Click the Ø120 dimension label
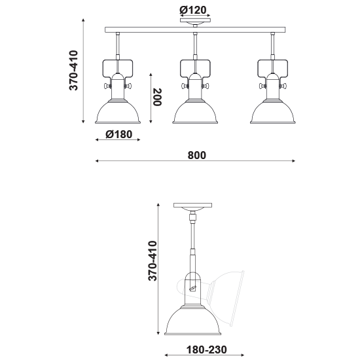pyautogui.click(x=194, y=9)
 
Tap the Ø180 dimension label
pyautogui.click(x=119, y=135)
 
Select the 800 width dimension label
pyautogui.click(x=196, y=155)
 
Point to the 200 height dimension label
pyautogui.click(x=158, y=98)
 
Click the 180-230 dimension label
pyautogui.click(x=205, y=350)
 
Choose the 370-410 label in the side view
pyautogui.click(x=152, y=262)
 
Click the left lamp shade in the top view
pyautogui.click(x=118, y=113)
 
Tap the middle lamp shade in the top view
pyautogui.click(x=195, y=113)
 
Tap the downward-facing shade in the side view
pyautogui.click(x=194, y=320)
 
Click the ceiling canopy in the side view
pyautogui.click(x=194, y=206)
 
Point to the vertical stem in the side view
pyautogui.click(x=194, y=242)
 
